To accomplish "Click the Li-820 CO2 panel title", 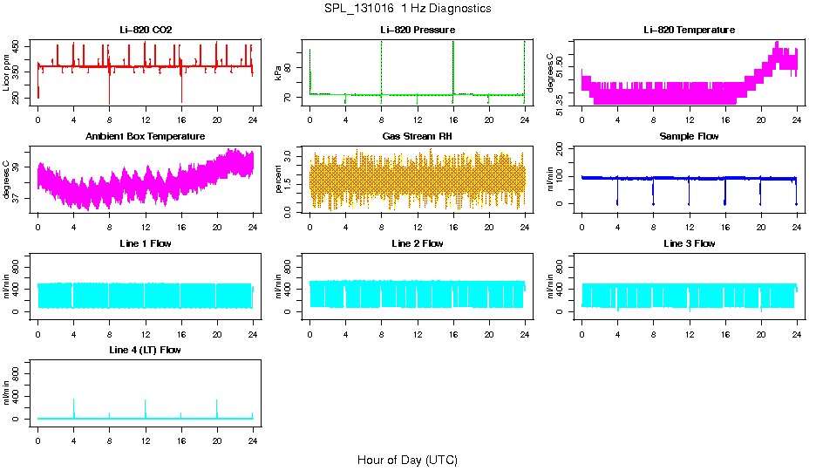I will click(146, 31).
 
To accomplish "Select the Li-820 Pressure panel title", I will click(417, 31).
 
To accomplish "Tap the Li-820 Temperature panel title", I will click(689, 31).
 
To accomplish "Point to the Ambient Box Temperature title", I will click(146, 137).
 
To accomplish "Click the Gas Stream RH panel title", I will click(417, 137).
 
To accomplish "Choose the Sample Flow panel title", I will click(689, 137).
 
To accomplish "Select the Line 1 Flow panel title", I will click(146, 243).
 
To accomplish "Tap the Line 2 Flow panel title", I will click(417, 243).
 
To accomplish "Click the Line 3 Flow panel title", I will click(689, 243).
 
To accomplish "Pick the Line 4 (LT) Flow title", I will click(146, 350).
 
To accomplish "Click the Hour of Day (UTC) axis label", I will click(407, 460).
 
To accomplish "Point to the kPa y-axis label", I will click(279, 73).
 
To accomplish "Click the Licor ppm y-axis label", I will click(7, 73).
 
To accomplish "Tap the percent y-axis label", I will click(279, 180).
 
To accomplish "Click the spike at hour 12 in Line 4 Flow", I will click(146, 401).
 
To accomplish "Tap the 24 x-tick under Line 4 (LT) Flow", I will click(253, 433).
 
